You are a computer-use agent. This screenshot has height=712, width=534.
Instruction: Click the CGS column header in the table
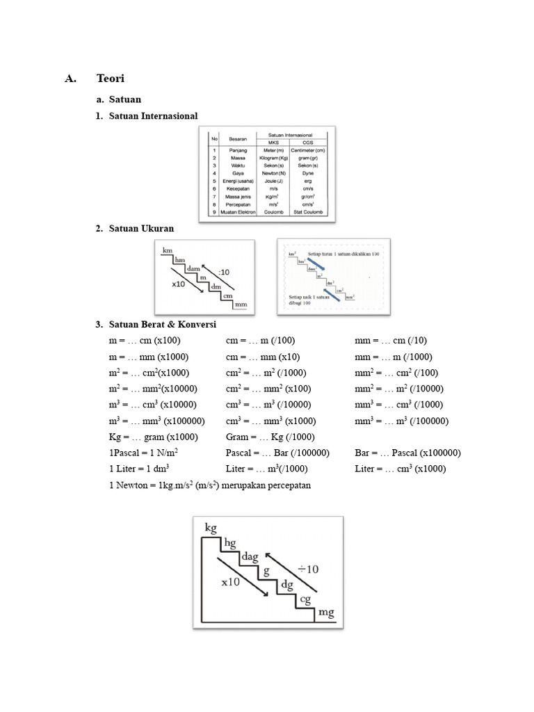[308, 142]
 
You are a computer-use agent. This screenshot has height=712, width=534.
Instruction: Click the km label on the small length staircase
[167, 250]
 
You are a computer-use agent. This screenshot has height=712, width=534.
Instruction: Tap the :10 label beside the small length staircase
[225, 272]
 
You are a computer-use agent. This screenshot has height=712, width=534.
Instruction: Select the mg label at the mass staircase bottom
[326, 612]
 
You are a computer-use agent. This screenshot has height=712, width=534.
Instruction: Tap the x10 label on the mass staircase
[230, 583]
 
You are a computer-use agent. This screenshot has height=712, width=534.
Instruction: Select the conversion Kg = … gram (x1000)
[154, 437]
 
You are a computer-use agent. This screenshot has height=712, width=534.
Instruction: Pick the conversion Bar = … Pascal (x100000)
[407, 453]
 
